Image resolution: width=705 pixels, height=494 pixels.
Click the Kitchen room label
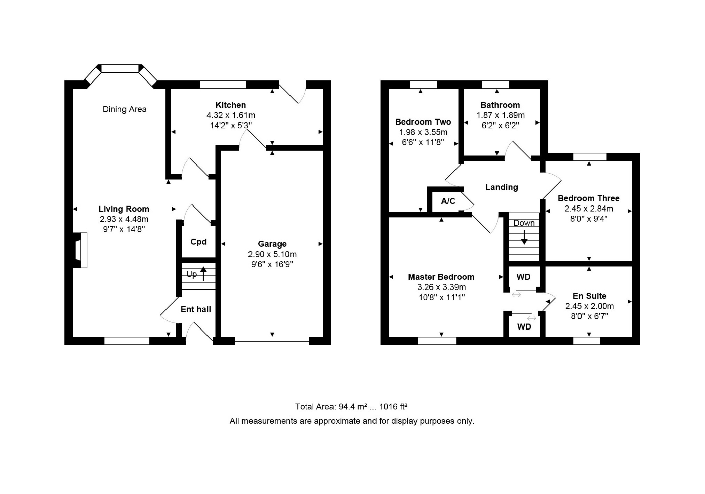coord(230,105)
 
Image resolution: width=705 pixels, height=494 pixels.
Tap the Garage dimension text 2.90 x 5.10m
coord(272,254)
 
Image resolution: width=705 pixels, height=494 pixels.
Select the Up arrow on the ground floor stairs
coord(203,273)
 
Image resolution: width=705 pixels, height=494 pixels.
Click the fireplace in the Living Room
coord(81,250)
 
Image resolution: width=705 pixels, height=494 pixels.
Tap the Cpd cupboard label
coord(198,242)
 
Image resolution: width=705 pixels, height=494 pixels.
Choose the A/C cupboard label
coord(448,201)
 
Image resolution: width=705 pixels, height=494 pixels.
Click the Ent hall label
coord(196,309)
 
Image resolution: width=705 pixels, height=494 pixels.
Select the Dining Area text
coord(125,109)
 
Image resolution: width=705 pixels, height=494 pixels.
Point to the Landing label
coord(502,187)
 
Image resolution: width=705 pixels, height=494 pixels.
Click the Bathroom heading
coord(500,105)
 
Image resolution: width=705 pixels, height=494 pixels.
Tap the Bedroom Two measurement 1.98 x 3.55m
coord(423,132)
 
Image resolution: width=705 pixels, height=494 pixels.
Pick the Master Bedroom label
coord(441,277)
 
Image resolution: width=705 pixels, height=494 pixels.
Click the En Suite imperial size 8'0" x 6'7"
coord(589,316)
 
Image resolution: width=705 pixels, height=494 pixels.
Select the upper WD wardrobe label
coord(524,277)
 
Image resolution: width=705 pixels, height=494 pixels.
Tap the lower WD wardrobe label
coord(524,327)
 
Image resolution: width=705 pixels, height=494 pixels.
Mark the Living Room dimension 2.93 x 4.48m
coord(124,219)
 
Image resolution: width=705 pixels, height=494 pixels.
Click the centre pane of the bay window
coord(120,69)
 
